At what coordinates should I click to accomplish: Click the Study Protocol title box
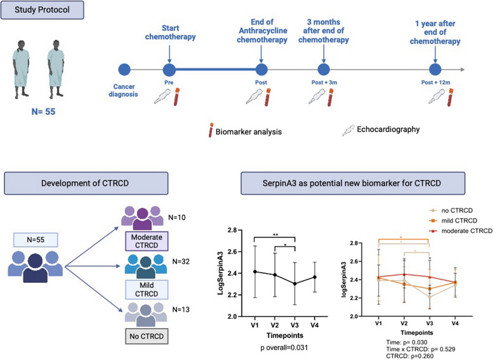42,10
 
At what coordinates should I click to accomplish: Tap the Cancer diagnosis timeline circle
124,70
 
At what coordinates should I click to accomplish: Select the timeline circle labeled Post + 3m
324,70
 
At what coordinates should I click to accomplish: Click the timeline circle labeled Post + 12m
435,70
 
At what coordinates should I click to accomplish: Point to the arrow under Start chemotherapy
169,54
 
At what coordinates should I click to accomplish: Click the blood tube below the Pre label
177,97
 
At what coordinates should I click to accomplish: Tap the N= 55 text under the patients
43,112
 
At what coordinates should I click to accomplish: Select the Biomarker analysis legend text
248,131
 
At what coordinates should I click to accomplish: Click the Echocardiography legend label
388,129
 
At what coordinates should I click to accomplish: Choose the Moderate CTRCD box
146,241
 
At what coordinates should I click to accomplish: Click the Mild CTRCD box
146,290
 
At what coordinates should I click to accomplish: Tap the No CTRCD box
146,337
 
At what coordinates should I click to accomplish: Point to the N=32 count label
181,262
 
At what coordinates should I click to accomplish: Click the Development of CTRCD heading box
86,183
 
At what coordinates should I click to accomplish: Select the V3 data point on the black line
295,283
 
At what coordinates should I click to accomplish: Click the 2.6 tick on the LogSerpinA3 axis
232,252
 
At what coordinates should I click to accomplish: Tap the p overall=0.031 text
285,347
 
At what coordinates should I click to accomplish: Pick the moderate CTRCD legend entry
461,231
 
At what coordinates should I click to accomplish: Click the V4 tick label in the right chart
455,323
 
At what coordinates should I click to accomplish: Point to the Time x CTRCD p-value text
421,349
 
